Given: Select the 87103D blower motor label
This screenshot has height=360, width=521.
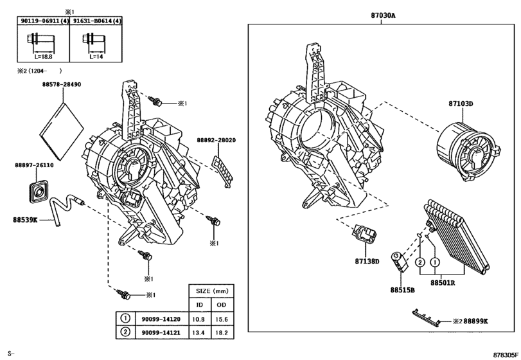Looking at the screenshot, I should [x=460, y=104].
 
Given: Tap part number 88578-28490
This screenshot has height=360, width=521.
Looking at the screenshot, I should [x=65, y=85].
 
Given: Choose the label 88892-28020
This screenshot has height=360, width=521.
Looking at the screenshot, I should [x=216, y=140].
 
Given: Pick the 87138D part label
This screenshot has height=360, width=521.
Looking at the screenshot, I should [x=367, y=261].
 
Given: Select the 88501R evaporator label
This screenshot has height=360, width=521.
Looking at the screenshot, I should [x=443, y=282].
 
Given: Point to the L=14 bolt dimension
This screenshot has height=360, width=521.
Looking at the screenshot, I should [x=95, y=57].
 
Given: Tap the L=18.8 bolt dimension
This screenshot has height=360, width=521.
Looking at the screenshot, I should [x=42, y=57].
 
